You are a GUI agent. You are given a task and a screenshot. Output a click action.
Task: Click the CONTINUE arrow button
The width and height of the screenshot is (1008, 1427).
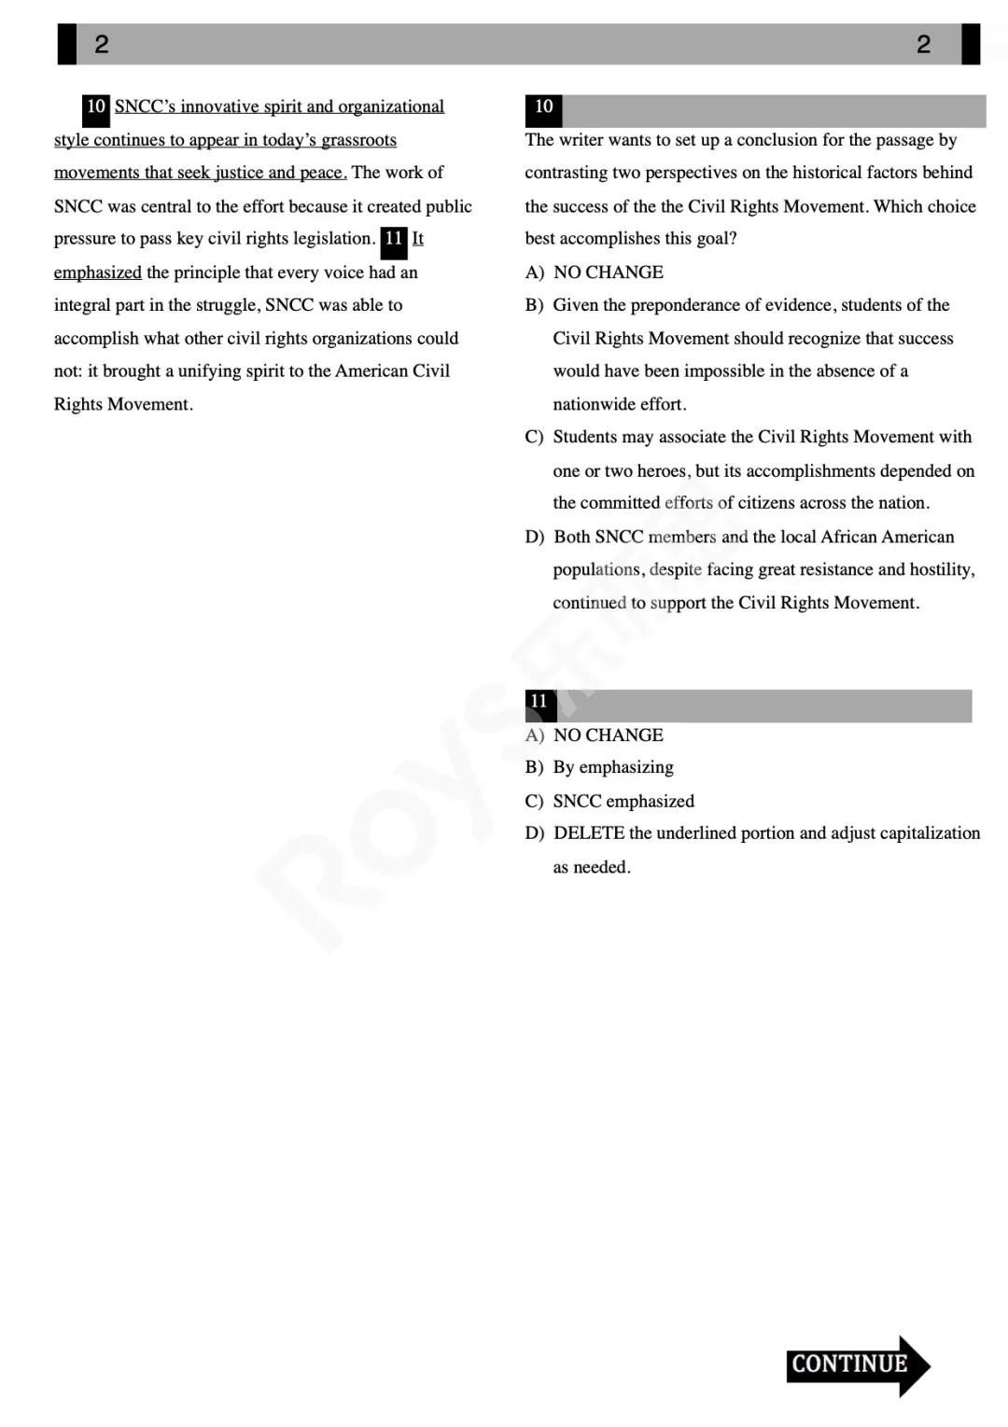pyautogui.click(x=857, y=1364)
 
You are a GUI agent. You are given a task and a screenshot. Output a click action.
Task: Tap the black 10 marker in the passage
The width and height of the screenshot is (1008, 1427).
pyautogui.click(x=96, y=107)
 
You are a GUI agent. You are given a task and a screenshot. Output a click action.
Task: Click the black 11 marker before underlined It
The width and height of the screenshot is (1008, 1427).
pyautogui.click(x=394, y=240)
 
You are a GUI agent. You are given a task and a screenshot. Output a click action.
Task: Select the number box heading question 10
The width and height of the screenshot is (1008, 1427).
pyautogui.click(x=543, y=107)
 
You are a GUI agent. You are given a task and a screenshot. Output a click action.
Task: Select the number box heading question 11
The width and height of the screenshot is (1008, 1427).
pyautogui.click(x=539, y=702)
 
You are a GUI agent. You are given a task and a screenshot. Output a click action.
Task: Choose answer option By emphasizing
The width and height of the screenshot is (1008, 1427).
pyautogui.click(x=612, y=767)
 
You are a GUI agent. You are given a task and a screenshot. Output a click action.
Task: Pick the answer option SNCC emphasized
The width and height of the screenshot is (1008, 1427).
pyautogui.click(x=623, y=801)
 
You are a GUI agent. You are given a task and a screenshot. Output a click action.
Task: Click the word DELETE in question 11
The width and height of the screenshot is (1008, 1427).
pyautogui.click(x=589, y=832)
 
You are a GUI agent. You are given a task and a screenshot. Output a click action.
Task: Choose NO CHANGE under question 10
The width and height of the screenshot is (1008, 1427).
pyautogui.click(x=608, y=272)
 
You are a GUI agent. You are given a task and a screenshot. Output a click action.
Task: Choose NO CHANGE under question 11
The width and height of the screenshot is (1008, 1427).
pyautogui.click(x=608, y=734)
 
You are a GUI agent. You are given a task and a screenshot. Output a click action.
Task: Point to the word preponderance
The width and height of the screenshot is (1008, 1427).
pyautogui.click(x=701, y=305)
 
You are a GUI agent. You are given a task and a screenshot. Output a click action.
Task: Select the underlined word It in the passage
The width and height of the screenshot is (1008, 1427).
pyautogui.click(x=417, y=239)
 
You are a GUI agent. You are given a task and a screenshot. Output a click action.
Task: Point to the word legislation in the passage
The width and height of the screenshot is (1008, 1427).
pyautogui.click(x=333, y=239)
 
